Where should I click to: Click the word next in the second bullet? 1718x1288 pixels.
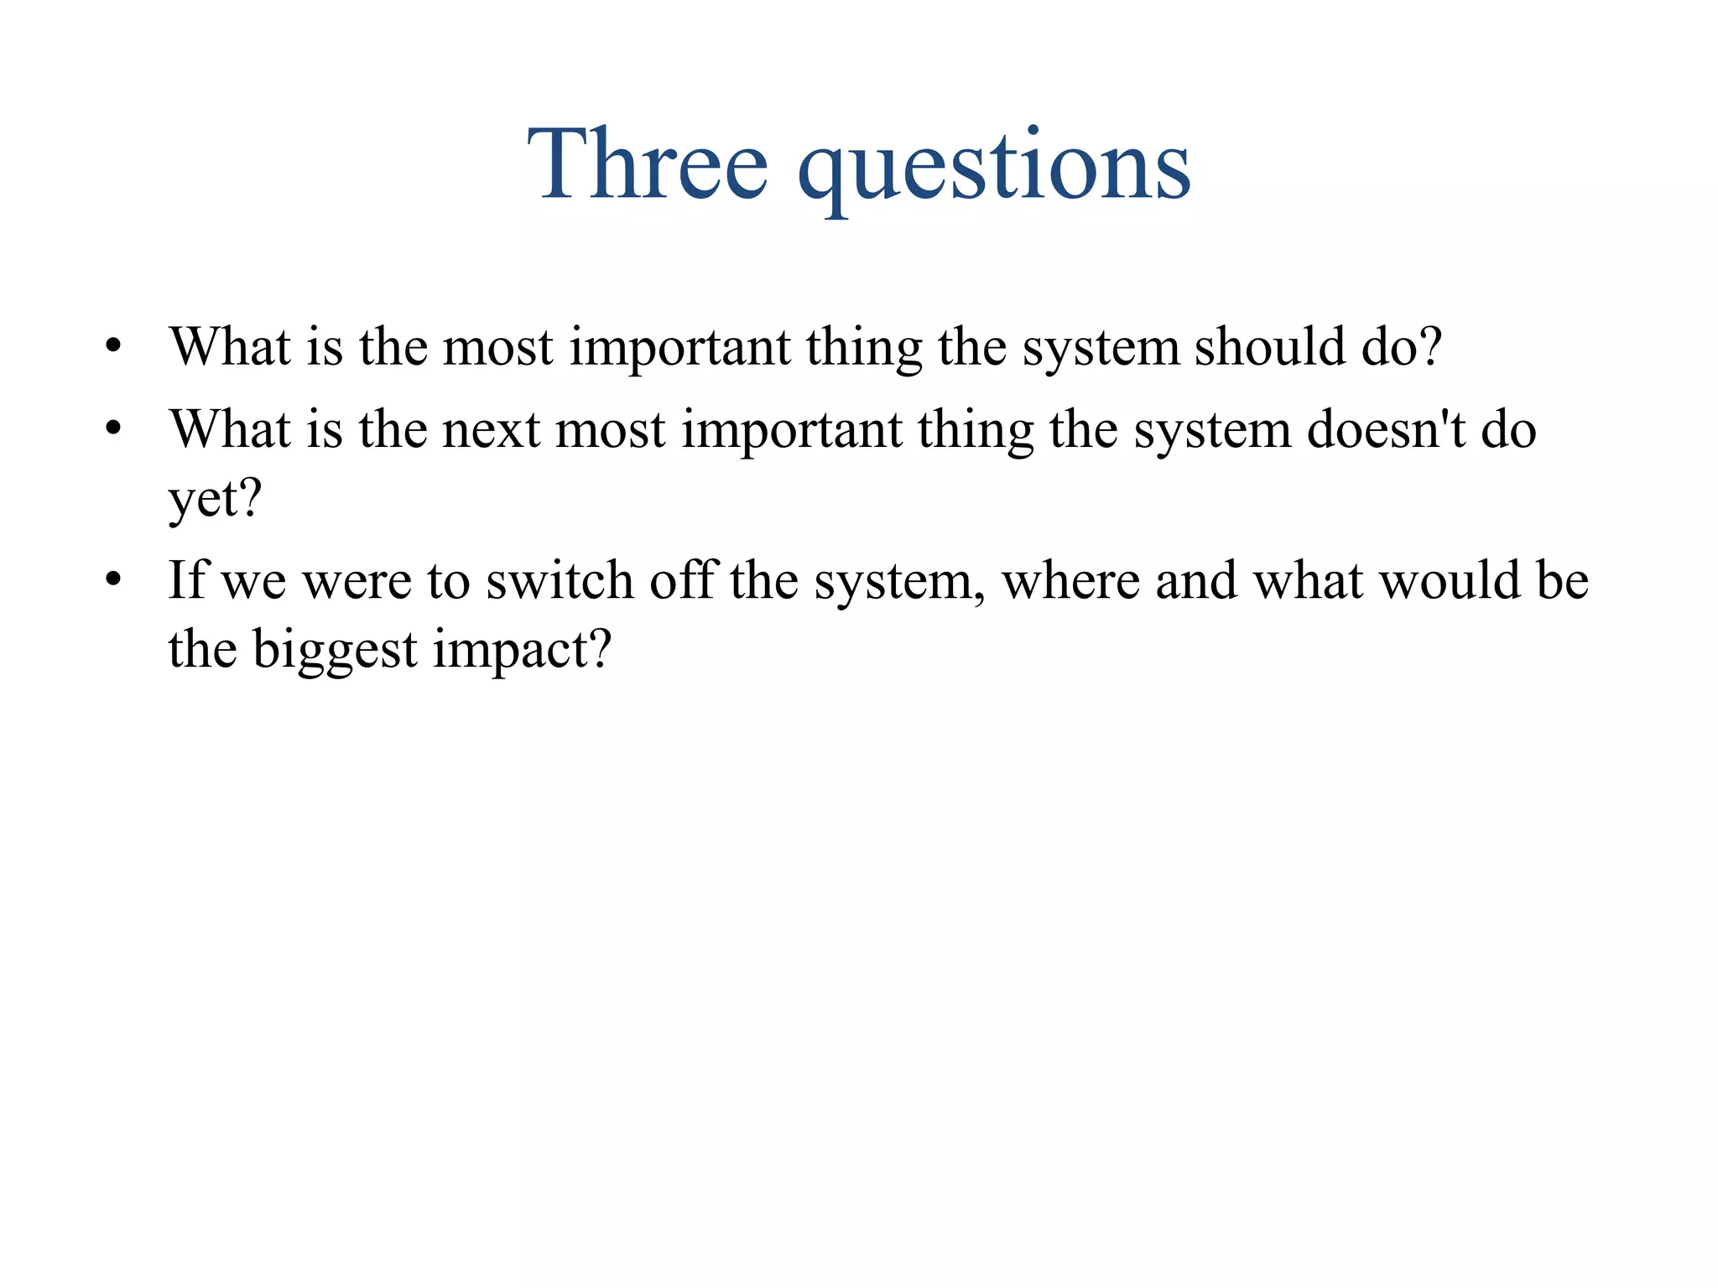(x=491, y=429)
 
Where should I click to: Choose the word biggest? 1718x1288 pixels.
(x=335, y=650)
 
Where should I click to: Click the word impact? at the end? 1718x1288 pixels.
(x=523, y=650)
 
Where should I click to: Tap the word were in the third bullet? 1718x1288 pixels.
(x=357, y=581)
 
